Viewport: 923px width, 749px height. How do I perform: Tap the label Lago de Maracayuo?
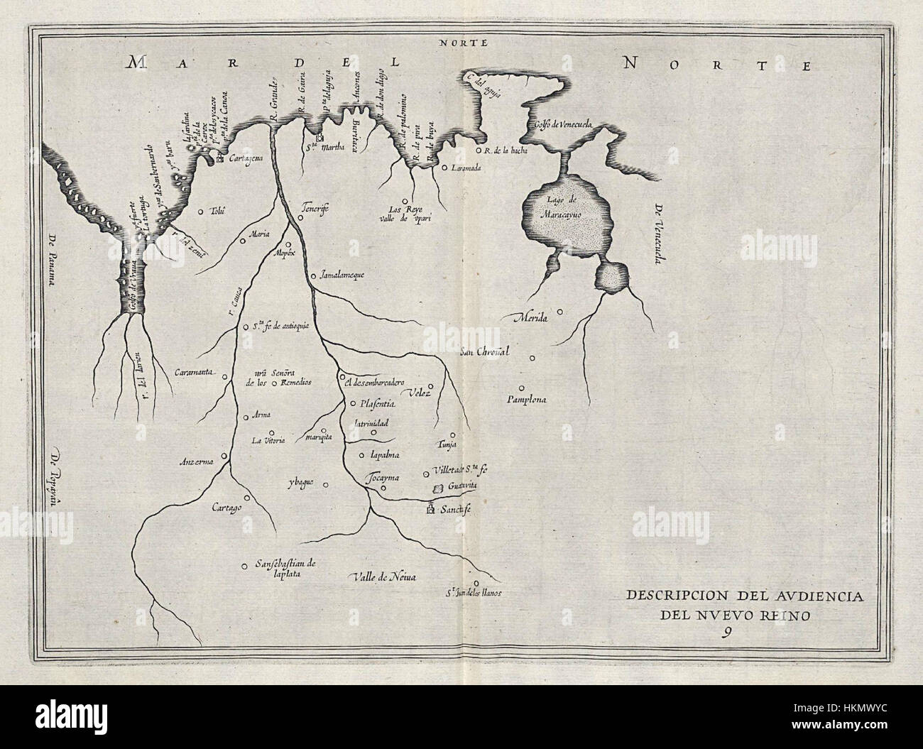[564, 207]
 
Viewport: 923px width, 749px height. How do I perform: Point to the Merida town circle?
[560, 311]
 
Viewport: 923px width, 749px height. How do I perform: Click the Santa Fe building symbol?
[430, 509]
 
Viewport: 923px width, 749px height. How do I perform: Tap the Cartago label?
[227, 509]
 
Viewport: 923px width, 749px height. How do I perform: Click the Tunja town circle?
[452, 435]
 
